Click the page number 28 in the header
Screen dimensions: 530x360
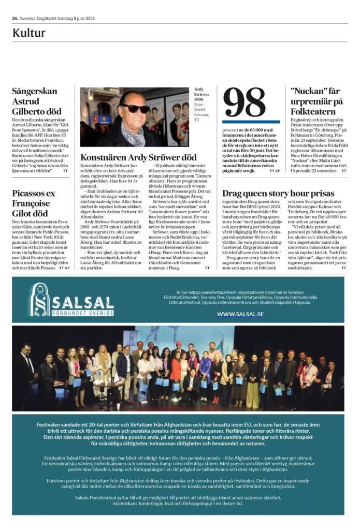coord(15,19)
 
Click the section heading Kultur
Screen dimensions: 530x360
coord(29,33)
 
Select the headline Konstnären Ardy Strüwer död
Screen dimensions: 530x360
coord(138,157)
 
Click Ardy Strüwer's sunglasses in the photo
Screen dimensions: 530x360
coord(136,108)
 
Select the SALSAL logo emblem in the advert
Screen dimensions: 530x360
coord(39,300)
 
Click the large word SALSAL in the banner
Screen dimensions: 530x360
coord(83,302)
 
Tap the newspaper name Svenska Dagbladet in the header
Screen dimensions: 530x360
coord(39,19)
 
